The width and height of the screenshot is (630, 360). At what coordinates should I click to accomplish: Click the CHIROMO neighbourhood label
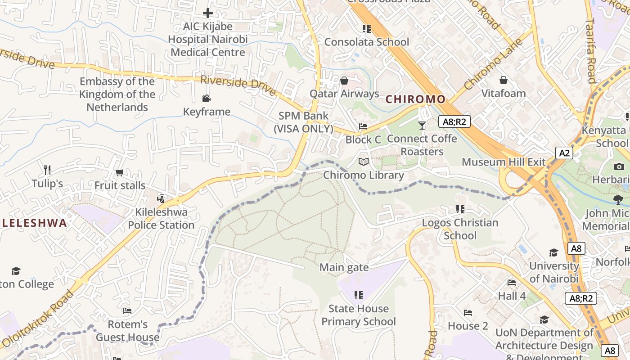coord(415,99)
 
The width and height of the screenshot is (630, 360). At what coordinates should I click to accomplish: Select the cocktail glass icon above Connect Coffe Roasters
coord(422,125)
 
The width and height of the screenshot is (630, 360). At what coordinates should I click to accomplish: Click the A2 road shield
coord(564,153)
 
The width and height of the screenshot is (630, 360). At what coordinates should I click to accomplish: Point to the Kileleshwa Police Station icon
coord(161,198)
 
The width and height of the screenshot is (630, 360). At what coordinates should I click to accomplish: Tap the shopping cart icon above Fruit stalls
coord(120,172)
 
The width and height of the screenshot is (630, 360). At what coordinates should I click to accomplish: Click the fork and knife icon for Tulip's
coord(47,170)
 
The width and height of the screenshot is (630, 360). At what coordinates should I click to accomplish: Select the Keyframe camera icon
coord(207,99)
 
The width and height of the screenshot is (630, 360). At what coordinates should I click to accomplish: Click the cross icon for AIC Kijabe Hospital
coord(208,13)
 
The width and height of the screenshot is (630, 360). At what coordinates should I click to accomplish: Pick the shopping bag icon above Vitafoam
coord(504,80)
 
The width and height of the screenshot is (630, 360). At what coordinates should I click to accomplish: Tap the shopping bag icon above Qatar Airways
coord(344,81)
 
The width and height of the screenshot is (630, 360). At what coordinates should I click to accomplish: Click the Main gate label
coord(344,268)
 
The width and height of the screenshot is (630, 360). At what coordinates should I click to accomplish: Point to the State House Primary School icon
coord(358,295)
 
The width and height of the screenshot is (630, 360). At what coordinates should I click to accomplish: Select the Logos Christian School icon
coord(460,209)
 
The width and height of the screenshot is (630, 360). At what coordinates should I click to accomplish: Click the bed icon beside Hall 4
coord(512,283)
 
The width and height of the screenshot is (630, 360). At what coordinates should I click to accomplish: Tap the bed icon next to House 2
coord(468,312)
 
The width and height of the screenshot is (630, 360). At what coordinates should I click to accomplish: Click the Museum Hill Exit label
coord(504,162)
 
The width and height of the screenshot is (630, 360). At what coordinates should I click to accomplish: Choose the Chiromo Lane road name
coord(494,64)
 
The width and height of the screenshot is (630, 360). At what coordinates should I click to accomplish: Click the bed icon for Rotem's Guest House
coord(127,310)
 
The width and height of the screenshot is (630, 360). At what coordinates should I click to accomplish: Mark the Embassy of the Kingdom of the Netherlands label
coord(117,94)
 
